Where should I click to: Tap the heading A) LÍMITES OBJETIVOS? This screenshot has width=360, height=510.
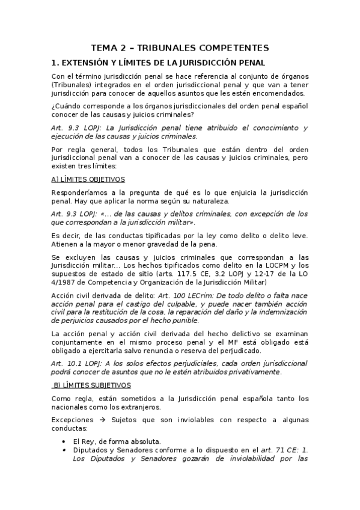coord(88,179)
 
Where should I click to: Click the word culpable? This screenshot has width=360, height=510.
coord(182,304)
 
